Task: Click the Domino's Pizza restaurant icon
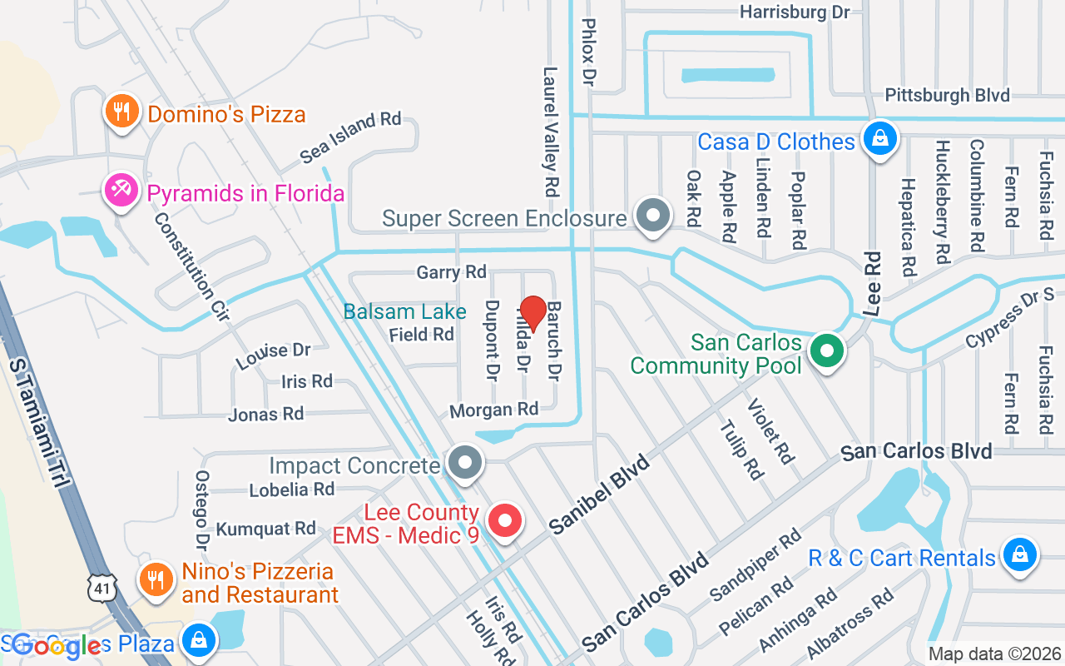click(121, 112)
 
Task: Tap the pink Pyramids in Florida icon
click(121, 191)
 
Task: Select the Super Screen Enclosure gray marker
click(653, 216)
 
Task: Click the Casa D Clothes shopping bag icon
click(879, 138)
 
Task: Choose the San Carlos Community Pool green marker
click(826, 350)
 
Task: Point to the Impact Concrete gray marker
click(464, 462)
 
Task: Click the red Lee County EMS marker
click(503, 521)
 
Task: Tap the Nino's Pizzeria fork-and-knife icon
click(155, 577)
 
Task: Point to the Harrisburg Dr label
click(795, 12)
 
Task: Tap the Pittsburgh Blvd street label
click(947, 95)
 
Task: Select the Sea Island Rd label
click(350, 137)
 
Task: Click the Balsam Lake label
click(405, 311)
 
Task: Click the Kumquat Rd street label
click(265, 529)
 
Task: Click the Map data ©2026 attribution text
click(994, 654)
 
